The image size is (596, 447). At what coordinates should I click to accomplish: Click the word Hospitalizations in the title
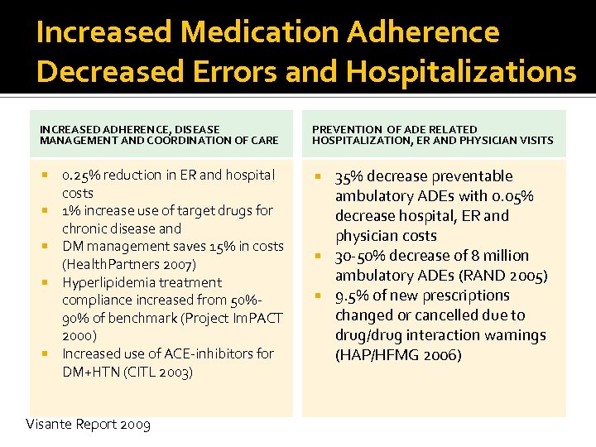click(x=461, y=71)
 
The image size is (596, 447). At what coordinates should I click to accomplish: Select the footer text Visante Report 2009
click(x=88, y=425)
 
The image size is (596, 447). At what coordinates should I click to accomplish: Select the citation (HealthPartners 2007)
click(x=129, y=265)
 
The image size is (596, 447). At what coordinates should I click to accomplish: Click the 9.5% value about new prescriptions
click(x=353, y=296)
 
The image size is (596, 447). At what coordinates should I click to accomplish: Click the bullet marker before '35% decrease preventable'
click(x=320, y=176)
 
